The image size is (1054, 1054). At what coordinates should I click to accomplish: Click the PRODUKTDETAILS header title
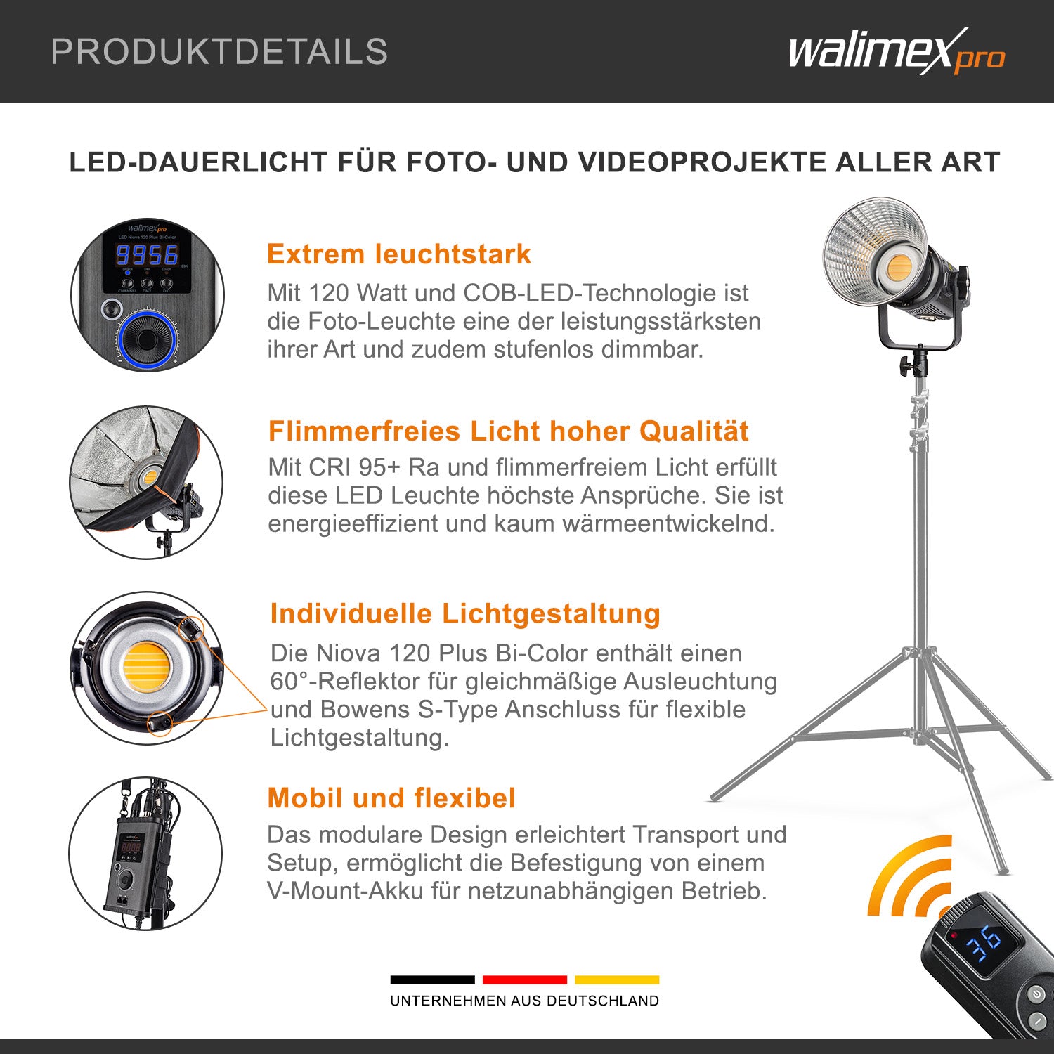tap(219, 52)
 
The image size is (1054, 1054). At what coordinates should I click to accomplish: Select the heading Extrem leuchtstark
tap(398, 254)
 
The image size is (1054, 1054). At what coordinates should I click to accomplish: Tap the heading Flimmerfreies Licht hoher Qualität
tap(508, 431)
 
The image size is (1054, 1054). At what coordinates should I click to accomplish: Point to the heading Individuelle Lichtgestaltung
tap(465, 613)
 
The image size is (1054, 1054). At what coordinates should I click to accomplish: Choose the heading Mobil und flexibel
tap(391, 798)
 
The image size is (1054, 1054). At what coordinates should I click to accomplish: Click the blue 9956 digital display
tap(147, 254)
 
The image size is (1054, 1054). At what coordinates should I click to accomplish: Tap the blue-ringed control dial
tap(147, 340)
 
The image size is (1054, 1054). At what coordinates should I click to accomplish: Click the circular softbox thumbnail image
tap(146, 483)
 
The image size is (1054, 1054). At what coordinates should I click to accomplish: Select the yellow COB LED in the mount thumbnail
tap(146, 667)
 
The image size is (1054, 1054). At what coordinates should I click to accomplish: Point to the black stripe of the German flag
tap(432, 980)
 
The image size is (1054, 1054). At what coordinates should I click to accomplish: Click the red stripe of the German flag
tap(524, 980)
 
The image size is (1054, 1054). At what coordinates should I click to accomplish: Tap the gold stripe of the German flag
tap(617, 980)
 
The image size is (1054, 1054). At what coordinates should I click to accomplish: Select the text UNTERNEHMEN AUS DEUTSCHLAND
tap(524, 1001)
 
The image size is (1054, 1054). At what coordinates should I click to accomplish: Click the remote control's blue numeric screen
tap(984, 944)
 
